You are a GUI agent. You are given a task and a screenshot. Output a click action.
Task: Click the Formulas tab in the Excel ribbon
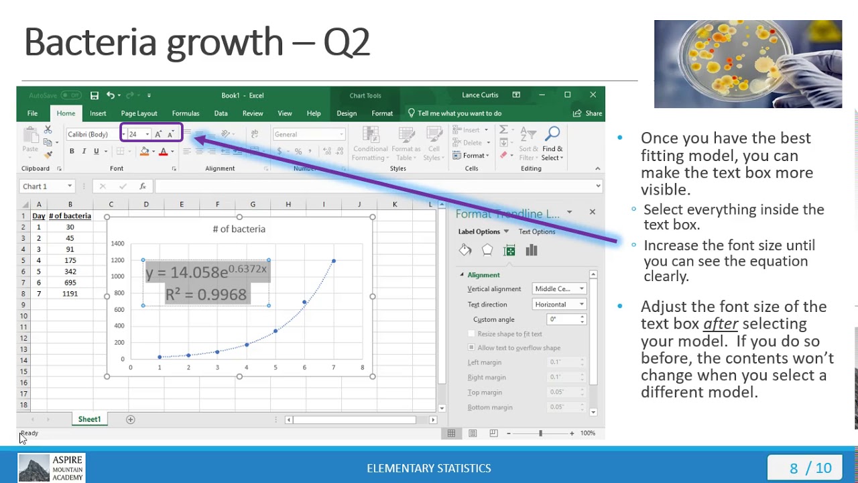coord(185,113)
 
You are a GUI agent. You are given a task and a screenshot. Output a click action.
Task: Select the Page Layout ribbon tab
coord(139,113)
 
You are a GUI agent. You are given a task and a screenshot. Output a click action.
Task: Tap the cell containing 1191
coord(70,294)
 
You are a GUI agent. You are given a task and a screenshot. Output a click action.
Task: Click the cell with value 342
coord(70,272)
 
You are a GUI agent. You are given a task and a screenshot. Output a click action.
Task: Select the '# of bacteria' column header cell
coord(70,216)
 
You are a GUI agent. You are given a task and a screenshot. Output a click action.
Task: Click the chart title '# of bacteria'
coord(239,229)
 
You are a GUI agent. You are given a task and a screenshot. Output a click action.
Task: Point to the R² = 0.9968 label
coord(206,294)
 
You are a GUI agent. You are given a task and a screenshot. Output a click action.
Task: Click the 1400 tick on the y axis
coord(117,244)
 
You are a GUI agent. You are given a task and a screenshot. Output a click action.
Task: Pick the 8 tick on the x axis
coord(362,368)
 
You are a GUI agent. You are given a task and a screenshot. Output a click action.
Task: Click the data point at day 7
coord(333,261)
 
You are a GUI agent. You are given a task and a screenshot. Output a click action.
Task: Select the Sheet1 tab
coord(89,419)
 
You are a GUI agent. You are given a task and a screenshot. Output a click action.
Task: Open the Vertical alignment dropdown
coord(559,289)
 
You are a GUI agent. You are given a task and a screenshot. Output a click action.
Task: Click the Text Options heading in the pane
coord(537,231)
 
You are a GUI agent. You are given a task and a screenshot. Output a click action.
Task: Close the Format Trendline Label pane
coord(592,212)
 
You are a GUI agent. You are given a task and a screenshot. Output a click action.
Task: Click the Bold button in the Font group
coord(72,152)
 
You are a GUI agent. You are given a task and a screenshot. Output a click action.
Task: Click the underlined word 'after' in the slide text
coord(721,324)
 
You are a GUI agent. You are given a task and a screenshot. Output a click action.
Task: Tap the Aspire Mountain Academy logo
coord(51,468)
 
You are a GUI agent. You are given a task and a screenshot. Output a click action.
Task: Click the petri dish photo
coord(747,64)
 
